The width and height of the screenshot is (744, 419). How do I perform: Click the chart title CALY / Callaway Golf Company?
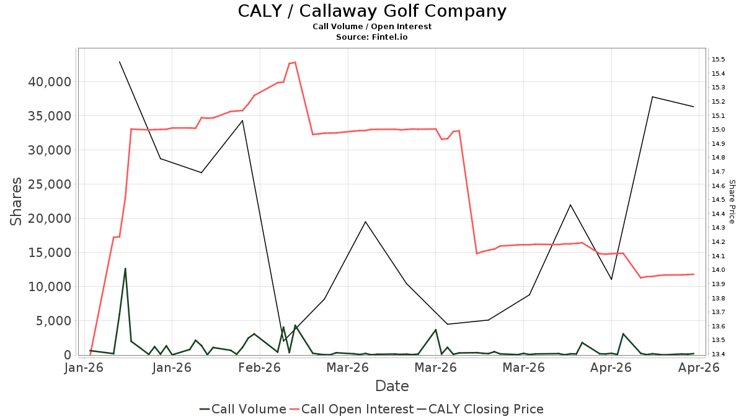[372, 11]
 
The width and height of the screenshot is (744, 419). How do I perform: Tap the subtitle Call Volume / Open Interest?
[372, 27]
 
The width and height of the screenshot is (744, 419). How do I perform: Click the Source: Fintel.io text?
[371, 37]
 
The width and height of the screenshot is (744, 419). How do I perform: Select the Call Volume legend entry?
[243, 409]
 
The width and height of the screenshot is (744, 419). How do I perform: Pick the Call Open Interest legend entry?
[352, 409]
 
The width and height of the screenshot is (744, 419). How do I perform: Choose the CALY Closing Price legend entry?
[480, 409]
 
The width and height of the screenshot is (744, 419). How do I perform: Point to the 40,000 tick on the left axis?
[50, 82]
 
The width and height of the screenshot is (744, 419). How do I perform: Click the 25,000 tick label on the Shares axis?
[50, 184]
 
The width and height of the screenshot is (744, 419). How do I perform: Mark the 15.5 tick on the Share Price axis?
[718, 60]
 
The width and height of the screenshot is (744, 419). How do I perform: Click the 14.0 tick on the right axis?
[718, 269]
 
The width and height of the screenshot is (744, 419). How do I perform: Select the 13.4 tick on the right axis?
[718, 354]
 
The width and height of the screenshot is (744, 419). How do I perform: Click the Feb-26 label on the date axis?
[260, 367]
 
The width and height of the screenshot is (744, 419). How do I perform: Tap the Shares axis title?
[15, 202]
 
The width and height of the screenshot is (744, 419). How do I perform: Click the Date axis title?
[392, 386]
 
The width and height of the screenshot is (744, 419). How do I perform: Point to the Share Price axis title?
[732, 202]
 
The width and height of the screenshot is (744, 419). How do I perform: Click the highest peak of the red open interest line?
[295, 62]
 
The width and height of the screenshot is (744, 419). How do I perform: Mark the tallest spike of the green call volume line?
[125, 268]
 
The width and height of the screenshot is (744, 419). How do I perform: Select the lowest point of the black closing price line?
[283, 341]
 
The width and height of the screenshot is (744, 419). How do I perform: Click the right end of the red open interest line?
[694, 274]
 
